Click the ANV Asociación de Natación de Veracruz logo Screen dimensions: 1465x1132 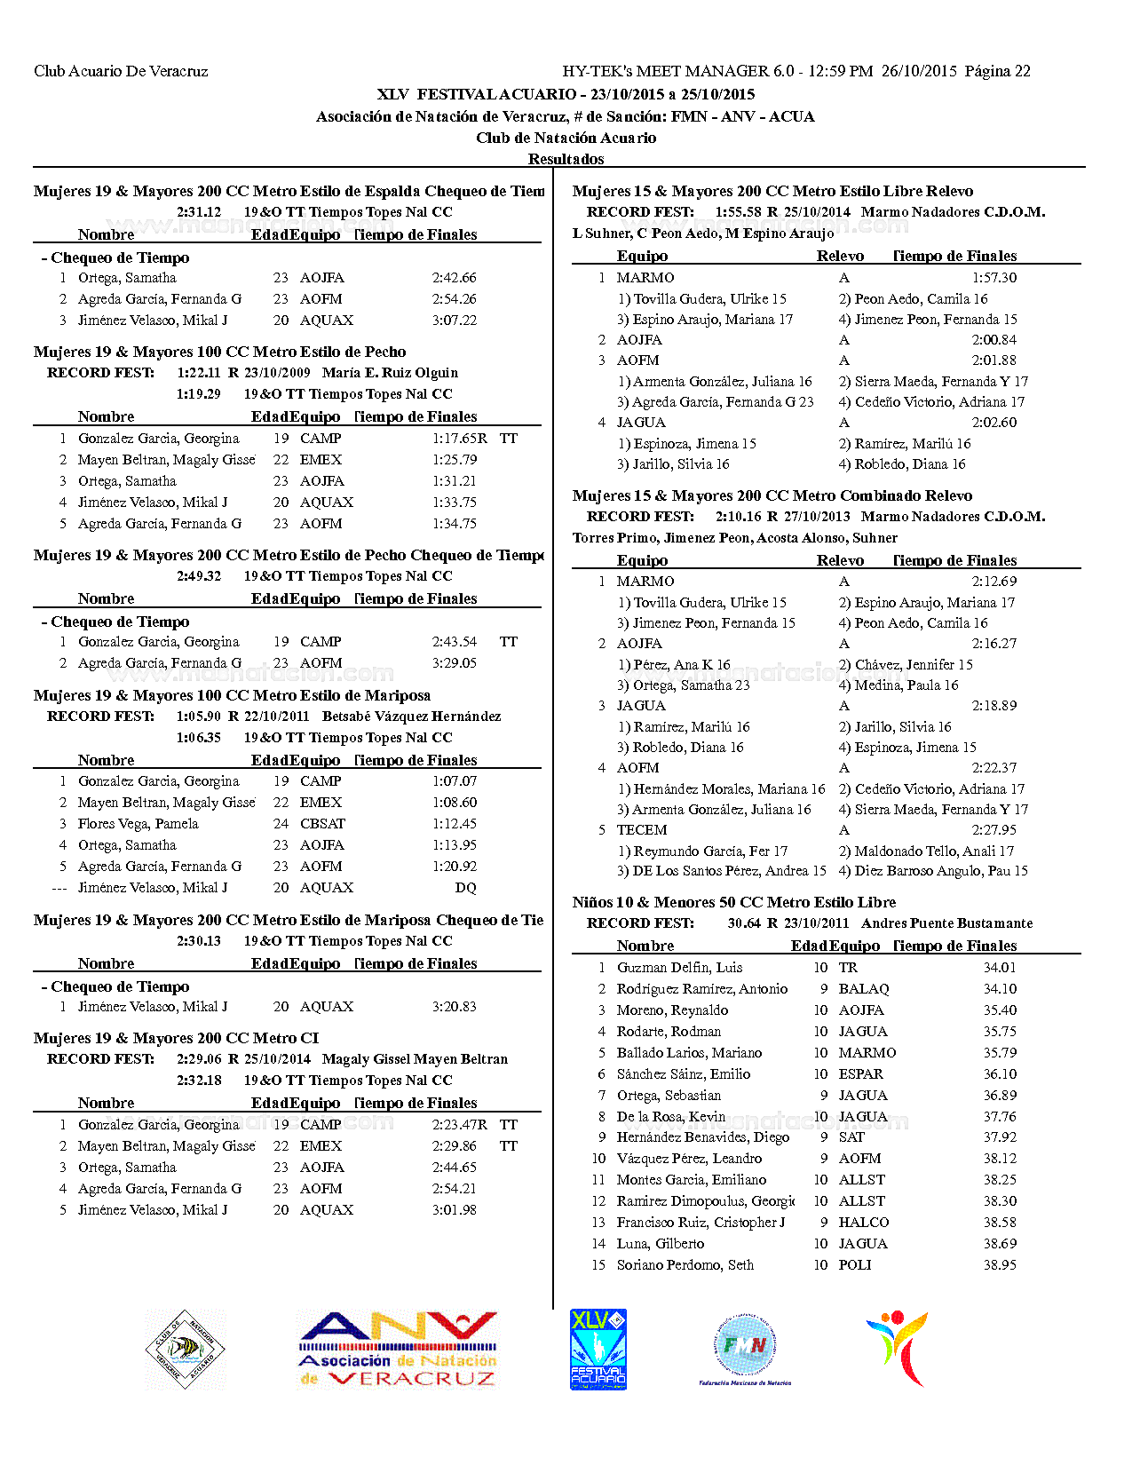click(x=397, y=1350)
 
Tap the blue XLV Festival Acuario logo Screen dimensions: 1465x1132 click(x=598, y=1349)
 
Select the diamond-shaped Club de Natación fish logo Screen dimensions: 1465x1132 click(x=185, y=1349)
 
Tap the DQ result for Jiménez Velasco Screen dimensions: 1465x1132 click(x=465, y=888)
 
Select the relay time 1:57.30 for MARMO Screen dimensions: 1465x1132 click(x=993, y=278)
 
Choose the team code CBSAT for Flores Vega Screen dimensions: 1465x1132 click(x=322, y=824)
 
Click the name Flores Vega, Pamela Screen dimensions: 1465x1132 click(x=138, y=824)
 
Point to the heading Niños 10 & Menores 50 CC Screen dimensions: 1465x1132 click(x=733, y=902)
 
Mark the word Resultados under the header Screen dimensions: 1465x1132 click(x=566, y=159)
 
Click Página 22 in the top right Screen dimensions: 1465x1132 click(x=997, y=71)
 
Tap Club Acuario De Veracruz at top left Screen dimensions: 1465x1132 click(x=121, y=71)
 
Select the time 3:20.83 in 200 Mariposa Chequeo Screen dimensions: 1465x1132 click(x=454, y=1007)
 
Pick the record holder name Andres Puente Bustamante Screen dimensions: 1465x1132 click(x=946, y=923)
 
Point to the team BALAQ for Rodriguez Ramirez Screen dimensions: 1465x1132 click(x=863, y=989)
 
